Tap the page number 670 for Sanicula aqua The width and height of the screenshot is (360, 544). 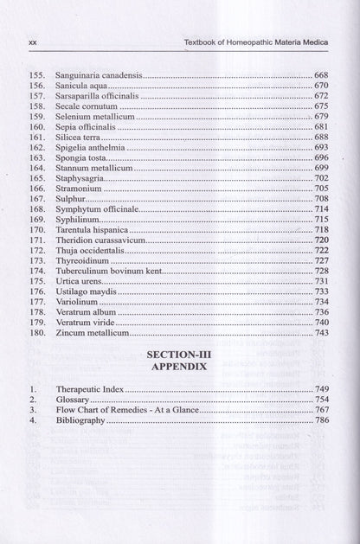[321, 86]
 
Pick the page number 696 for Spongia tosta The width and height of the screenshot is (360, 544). [321, 157]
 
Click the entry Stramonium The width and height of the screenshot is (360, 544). [79, 188]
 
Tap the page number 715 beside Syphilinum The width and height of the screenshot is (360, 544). [321, 219]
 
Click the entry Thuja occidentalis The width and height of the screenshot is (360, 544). [90, 250]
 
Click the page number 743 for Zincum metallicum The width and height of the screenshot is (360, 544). [321, 332]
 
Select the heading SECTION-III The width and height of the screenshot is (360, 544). [179, 355]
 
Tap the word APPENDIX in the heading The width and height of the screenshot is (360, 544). [179, 367]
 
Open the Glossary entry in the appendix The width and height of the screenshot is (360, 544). [73, 400]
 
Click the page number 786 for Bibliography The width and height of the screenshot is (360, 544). [321, 420]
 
